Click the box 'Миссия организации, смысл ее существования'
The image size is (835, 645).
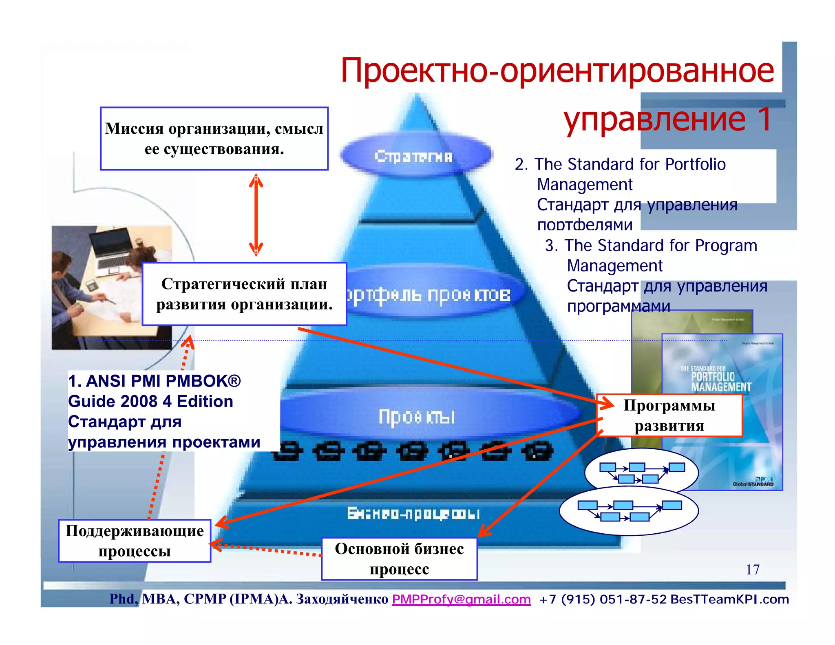(x=214, y=139)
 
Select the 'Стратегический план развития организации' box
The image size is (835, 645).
(x=244, y=294)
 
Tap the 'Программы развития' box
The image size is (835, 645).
(x=669, y=415)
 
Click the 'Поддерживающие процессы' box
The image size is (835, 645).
(x=135, y=541)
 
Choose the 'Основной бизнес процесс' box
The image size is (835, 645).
(x=399, y=559)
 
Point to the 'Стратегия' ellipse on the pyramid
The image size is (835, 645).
(x=414, y=156)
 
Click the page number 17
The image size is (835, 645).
(x=753, y=570)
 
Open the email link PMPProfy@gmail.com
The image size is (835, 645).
(x=461, y=599)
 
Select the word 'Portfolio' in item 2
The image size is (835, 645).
(x=695, y=164)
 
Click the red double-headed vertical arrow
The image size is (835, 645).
(x=256, y=215)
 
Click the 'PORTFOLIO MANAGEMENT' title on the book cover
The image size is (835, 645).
(x=720, y=381)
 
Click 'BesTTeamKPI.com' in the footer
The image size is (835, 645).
(x=729, y=599)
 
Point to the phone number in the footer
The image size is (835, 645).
(x=603, y=599)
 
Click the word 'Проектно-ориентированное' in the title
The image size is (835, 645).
(x=557, y=71)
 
